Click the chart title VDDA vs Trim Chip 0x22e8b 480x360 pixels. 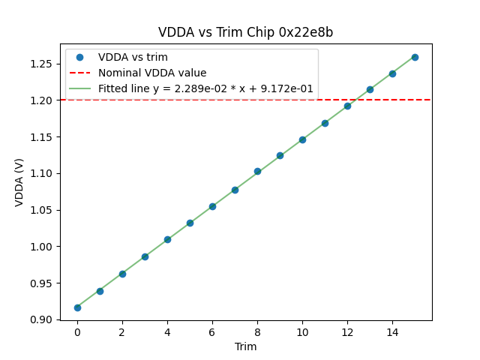pyautogui.click(x=245, y=33)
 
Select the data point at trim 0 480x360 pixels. pyautogui.click(x=77, y=307)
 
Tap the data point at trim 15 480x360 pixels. pyautogui.click(x=415, y=57)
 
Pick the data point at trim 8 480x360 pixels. pyautogui.click(x=257, y=171)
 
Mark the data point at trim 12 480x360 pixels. pyautogui.click(x=347, y=106)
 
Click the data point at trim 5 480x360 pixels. pyautogui.click(x=190, y=223)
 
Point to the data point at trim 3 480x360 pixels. pyautogui.click(x=145, y=256)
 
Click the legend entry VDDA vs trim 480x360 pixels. pyautogui.click(x=133, y=58)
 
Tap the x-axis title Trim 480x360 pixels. pyautogui.click(x=245, y=346)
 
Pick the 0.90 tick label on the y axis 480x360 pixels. pyautogui.click(x=41, y=320)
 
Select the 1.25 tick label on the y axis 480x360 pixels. pyautogui.click(x=41, y=64)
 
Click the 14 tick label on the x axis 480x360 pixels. pyautogui.click(x=392, y=332)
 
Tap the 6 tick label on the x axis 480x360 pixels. pyautogui.click(x=212, y=332)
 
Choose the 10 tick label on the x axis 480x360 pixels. pyautogui.click(x=302, y=332)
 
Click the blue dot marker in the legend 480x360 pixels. pyautogui.click(x=79, y=58)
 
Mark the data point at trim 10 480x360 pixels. pyautogui.click(x=302, y=139)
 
